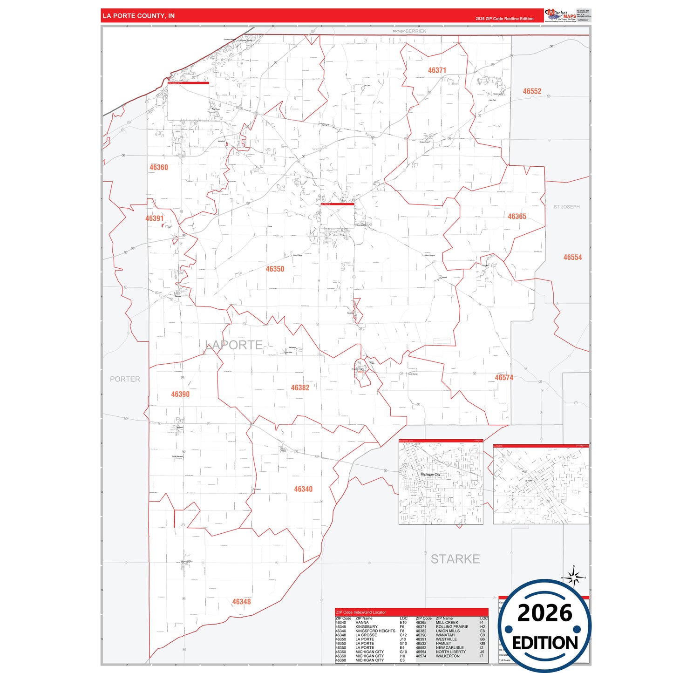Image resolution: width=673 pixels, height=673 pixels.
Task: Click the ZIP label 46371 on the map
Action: pos(437,70)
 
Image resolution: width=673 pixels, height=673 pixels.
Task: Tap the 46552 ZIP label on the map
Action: pos(532,91)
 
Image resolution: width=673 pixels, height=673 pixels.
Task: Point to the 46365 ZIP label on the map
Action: pos(517,217)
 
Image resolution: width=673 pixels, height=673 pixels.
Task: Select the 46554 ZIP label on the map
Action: pos(572,257)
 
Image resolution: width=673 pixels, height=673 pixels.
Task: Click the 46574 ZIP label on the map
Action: pos(504,378)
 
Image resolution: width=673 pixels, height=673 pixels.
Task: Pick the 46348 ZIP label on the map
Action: pos(241,602)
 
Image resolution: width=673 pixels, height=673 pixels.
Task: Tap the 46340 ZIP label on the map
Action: pos(303,489)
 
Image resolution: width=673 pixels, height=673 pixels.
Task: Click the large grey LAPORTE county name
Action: pos(234,345)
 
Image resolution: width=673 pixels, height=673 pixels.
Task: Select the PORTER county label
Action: pos(125,379)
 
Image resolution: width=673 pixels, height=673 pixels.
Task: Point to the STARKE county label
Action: pos(455,559)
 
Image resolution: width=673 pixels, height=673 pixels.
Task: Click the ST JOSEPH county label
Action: pos(566,207)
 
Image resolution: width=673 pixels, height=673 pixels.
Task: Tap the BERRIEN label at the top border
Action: pos(416,31)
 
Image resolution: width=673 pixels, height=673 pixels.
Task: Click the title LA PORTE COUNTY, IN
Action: pos(139,16)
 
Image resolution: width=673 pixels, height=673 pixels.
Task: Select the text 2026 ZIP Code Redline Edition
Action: pos(504,19)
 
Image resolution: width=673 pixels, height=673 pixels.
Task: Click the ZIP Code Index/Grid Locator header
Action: pos(361,612)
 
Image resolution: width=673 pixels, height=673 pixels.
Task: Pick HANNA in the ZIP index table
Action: pos(362,623)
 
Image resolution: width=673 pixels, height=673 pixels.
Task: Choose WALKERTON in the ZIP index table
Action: pos(448,656)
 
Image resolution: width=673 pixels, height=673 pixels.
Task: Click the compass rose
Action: pos(574,578)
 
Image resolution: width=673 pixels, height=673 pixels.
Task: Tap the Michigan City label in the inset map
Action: pos(430,475)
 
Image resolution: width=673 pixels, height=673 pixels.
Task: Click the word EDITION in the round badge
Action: pos(544,643)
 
